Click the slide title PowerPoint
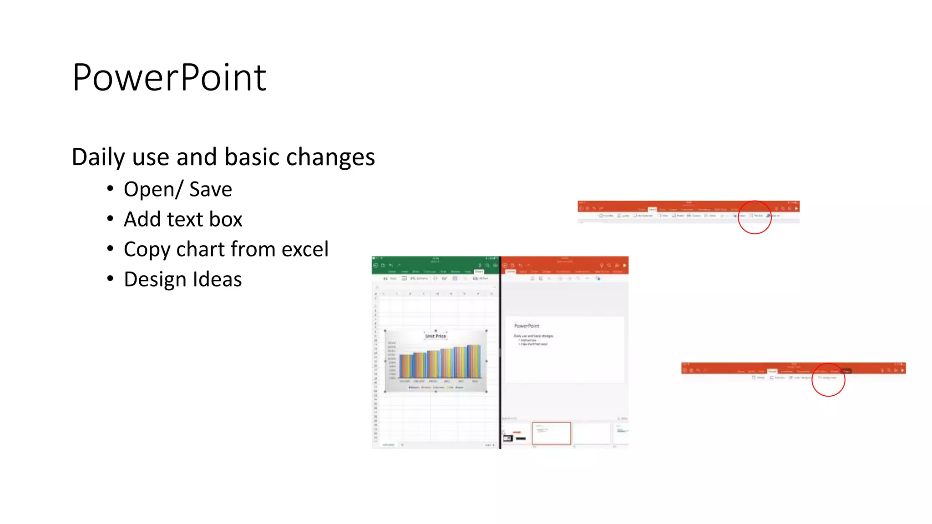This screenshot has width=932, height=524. [169, 78]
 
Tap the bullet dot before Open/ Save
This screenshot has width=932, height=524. [110, 188]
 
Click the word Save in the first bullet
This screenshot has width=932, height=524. [210, 189]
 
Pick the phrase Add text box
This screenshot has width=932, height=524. [183, 219]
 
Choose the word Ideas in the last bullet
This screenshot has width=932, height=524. [217, 279]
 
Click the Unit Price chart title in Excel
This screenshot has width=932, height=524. [436, 336]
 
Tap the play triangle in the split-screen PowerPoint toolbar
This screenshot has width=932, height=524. [625, 265]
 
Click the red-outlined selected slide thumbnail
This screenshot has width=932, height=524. [551, 433]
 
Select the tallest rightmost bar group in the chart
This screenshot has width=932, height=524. [474, 361]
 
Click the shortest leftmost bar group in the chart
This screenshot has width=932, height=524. [406, 366]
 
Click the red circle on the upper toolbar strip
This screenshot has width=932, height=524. [755, 217]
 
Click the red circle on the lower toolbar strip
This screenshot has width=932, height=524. [828, 379]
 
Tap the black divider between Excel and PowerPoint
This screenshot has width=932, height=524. [500, 353]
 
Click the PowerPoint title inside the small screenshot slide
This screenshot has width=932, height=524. [527, 326]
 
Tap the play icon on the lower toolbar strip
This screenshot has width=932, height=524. [902, 370]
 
